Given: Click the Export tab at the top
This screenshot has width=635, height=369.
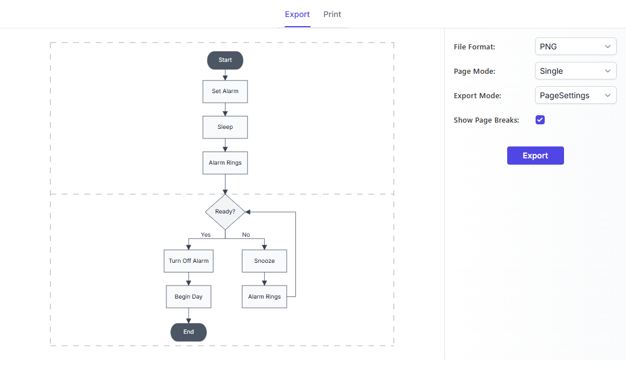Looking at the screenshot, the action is tap(297, 15).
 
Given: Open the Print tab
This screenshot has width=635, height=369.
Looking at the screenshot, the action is tap(332, 15).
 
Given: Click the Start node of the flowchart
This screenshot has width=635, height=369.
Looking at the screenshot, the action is tap(225, 60).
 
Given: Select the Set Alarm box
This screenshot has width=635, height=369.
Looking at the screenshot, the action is tap(225, 91).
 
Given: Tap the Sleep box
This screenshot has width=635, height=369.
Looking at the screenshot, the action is tap(225, 127).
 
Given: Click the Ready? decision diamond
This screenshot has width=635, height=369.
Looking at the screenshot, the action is tap(225, 212).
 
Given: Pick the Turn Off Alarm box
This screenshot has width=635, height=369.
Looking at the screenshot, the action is tap(189, 261).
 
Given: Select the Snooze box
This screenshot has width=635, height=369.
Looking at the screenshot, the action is tap(265, 261).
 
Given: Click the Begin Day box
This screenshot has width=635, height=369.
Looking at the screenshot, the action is tap(189, 296).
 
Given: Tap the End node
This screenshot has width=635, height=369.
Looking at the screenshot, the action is tap(189, 332).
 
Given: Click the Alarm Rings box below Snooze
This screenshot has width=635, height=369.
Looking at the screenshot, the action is tap(265, 296).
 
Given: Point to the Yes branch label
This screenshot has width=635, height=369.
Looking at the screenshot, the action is tap(206, 234).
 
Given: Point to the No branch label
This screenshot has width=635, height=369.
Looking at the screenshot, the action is tap(246, 234).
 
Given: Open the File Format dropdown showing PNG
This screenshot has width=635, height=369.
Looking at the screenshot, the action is tap(575, 47).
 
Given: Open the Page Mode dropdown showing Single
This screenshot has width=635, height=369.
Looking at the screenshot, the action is tap(575, 71).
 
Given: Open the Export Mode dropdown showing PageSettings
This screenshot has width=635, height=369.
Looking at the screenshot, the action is tap(575, 95).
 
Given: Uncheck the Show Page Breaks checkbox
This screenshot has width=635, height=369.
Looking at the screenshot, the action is tap(540, 120).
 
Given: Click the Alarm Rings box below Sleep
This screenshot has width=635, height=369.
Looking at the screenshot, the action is tap(225, 163).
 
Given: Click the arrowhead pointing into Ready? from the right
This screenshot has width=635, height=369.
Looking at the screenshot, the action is tap(248, 212).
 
